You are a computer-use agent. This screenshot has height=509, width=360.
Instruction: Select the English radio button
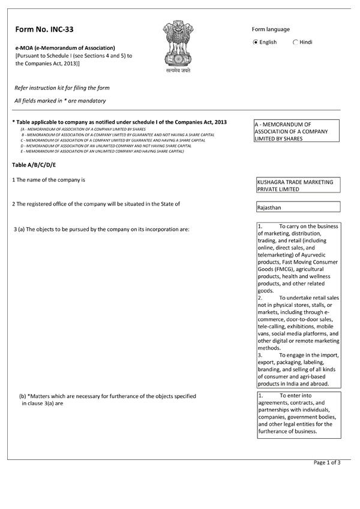pyautogui.click(x=256, y=42)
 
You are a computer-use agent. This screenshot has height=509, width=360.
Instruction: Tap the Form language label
pyautogui.click(x=271, y=29)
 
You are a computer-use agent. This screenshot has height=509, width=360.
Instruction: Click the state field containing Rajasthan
pyautogui.click(x=298, y=207)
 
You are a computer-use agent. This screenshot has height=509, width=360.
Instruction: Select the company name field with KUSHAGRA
pyautogui.click(x=298, y=185)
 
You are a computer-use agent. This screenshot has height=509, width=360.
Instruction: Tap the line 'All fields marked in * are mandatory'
pyautogui.click(x=60, y=101)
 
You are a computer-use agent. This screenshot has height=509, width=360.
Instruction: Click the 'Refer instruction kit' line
pyautogui.click(x=62, y=88)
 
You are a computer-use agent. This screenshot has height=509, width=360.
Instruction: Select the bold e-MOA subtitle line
pyautogui.click(x=65, y=47)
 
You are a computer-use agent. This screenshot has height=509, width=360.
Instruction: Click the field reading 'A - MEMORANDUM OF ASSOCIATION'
pyautogui.click(x=298, y=131)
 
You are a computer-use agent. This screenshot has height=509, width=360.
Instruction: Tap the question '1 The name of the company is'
pyautogui.click(x=49, y=180)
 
